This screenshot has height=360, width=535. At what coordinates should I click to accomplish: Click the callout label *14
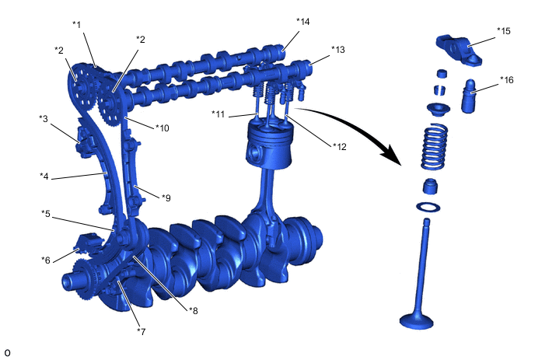coord(303,22)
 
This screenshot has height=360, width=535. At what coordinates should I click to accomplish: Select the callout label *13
coord(337,50)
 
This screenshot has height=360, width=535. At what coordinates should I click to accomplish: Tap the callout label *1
coord(77,25)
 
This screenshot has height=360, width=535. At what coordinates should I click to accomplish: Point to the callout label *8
coord(193,311)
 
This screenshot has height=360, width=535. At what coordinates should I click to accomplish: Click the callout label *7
coord(142,331)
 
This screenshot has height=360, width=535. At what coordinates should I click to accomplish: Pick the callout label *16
coord(507,80)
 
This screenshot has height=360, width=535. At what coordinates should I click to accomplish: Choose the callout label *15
coord(504,31)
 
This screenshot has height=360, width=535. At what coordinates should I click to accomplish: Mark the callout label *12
coord(340,147)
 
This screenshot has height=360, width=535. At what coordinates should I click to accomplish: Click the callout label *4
coord(44,177)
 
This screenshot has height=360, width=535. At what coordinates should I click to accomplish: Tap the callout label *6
coord(46,260)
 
